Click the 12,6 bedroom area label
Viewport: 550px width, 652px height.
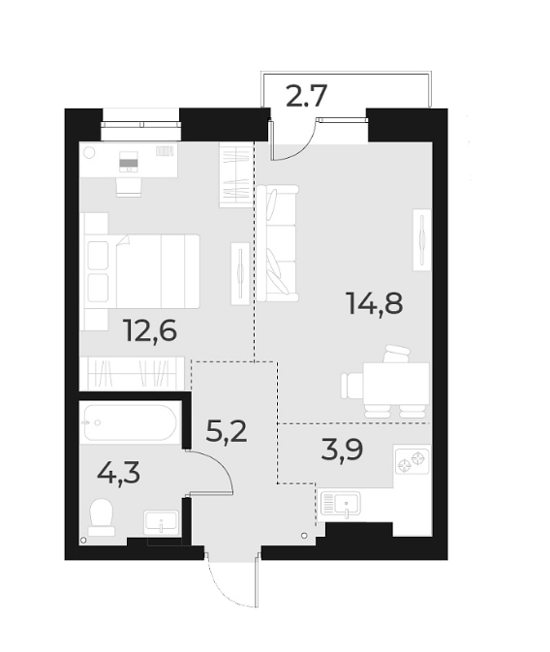pyautogui.click(x=149, y=331)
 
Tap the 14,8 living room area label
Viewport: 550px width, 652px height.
pyautogui.click(x=374, y=303)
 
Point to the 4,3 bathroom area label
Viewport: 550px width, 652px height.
pyautogui.click(x=118, y=473)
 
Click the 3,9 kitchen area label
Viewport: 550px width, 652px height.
pyautogui.click(x=341, y=450)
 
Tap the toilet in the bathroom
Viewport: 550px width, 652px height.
pyautogui.click(x=101, y=517)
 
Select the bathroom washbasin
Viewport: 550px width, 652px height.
pyautogui.click(x=161, y=521)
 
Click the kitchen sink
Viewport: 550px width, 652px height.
pyautogui.click(x=340, y=504)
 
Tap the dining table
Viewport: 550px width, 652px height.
pyautogui.click(x=396, y=380)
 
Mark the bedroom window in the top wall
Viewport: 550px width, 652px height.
pyautogui.click(x=141, y=123)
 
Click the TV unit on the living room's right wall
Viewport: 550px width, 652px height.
pyautogui.click(x=423, y=239)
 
